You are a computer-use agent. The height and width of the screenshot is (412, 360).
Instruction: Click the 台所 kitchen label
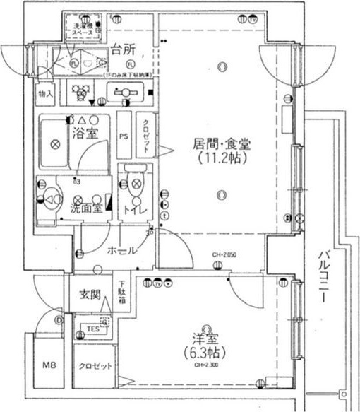124,49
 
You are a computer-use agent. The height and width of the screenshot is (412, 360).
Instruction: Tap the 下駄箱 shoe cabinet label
122,290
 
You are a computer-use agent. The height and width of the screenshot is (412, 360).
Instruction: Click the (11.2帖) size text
222,159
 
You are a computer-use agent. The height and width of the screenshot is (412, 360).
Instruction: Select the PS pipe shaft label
124,136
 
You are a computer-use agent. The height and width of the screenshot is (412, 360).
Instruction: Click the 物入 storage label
44,93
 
